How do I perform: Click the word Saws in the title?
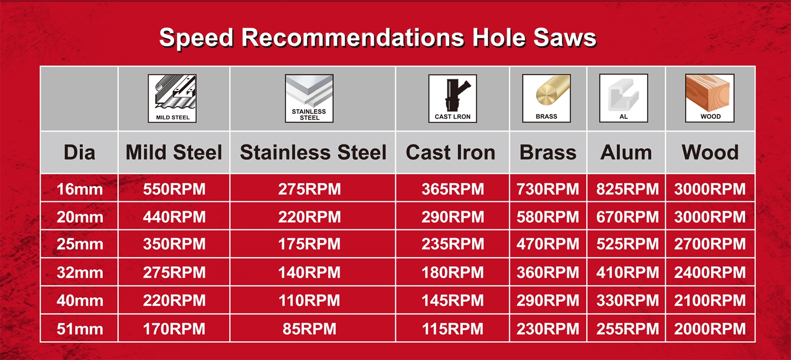(565, 38)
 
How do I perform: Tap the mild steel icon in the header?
(173, 98)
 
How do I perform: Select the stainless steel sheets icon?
(309, 98)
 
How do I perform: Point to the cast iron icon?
(453, 98)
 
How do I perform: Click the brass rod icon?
(547, 98)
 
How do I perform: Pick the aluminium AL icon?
(623, 98)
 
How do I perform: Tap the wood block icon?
(710, 98)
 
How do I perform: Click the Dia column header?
(80, 153)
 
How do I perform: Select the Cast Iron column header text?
(450, 153)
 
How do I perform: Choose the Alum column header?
(626, 153)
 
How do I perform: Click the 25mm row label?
(80, 244)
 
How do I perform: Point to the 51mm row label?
(80, 329)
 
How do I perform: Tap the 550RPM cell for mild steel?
(174, 189)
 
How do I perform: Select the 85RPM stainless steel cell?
(309, 329)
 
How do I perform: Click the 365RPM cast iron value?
(453, 189)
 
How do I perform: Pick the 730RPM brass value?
(548, 189)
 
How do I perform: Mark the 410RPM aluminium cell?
(627, 272)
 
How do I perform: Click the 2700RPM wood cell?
(710, 244)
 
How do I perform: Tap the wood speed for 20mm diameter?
(710, 217)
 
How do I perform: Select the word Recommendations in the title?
(352, 38)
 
